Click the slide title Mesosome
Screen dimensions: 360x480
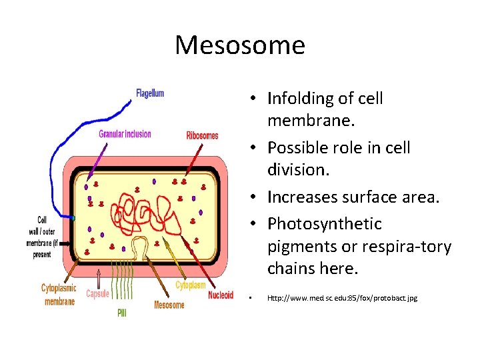click(x=240, y=45)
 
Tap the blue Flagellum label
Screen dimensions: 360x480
click(x=150, y=93)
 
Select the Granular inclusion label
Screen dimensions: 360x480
click(x=125, y=134)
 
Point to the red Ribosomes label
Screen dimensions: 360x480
click(x=203, y=136)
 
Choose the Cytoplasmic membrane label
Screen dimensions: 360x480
click(x=59, y=295)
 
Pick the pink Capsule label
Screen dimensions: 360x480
click(x=97, y=293)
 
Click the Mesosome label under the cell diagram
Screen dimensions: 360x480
click(x=169, y=305)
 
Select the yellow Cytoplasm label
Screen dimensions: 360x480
click(x=191, y=285)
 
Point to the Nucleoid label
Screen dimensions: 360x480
click(x=221, y=295)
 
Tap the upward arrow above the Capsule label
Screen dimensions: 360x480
click(x=98, y=277)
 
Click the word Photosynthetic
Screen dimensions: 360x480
click(x=325, y=223)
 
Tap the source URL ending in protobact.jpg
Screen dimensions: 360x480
click(x=342, y=298)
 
